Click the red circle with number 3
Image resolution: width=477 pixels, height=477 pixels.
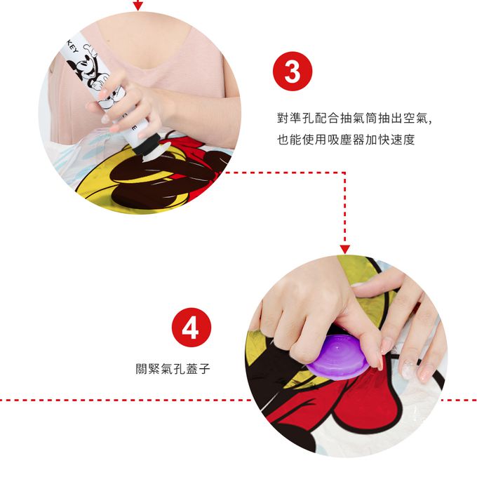tap(293, 71)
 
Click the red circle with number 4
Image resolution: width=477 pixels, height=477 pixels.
tap(192, 328)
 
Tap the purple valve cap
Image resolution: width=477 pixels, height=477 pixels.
tap(337, 357)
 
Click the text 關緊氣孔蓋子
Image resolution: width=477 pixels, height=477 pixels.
tap(173, 369)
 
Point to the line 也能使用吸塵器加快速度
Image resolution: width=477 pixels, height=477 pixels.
tap(346, 140)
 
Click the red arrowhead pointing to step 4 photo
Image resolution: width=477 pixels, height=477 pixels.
tap(344, 250)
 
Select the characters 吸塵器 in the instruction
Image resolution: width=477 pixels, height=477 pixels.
tap(346, 140)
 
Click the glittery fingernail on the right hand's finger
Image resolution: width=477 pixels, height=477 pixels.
tap(407, 370)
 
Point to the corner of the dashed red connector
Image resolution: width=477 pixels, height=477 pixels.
tap(344, 173)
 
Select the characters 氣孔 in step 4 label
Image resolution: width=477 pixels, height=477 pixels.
tap(173, 369)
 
